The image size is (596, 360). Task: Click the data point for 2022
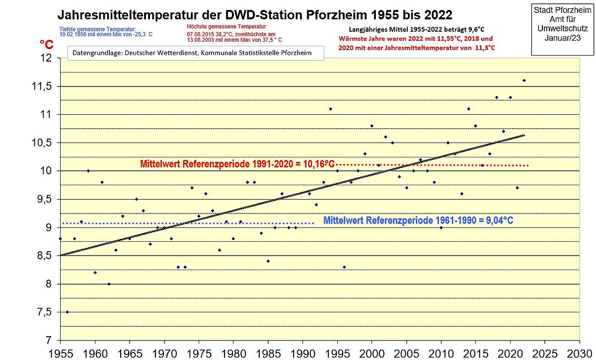point(524,80)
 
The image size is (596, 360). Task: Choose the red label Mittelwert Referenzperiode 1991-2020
point(237,163)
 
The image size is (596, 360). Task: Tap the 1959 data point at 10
point(88,170)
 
